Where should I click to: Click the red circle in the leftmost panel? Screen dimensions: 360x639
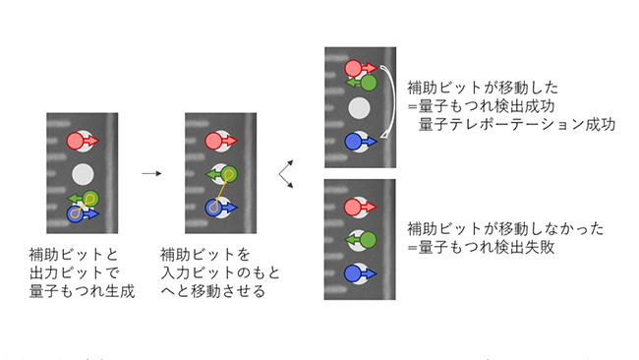click(76, 141)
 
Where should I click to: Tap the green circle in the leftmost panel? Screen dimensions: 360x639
click(89, 199)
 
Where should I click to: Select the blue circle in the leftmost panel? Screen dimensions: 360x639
click(76, 212)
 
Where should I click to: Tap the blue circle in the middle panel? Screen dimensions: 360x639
click(214, 208)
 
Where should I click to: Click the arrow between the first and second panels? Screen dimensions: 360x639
click(150, 173)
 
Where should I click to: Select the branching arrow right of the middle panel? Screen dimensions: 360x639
click(286, 174)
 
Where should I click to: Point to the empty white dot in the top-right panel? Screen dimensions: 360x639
click(361, 107)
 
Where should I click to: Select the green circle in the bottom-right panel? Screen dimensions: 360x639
click(369, 239)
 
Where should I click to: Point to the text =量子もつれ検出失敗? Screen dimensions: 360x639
click(481, 249)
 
